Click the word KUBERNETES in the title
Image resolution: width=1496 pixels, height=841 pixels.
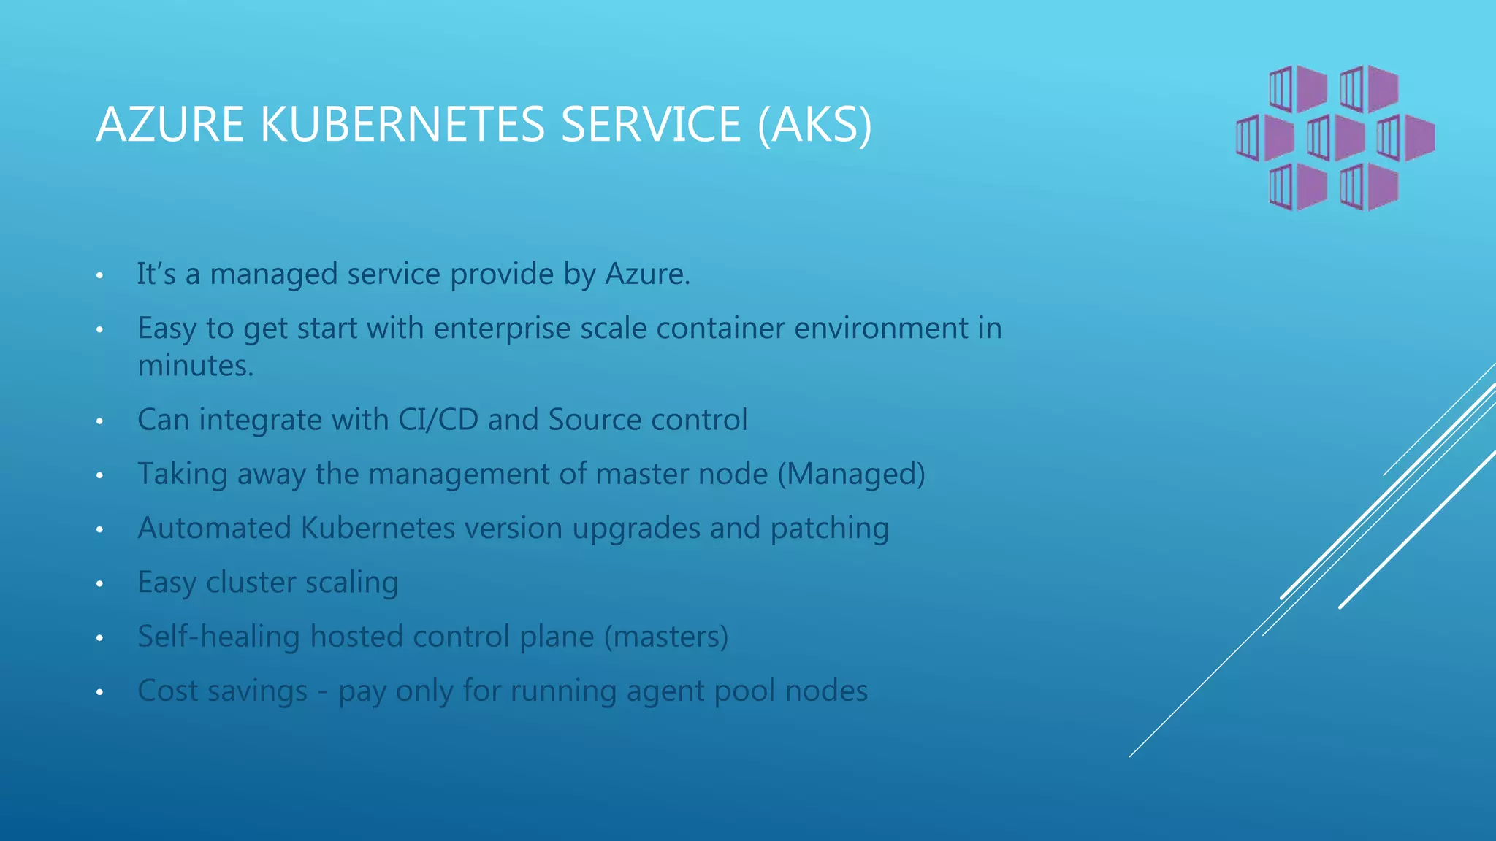coord(402,124)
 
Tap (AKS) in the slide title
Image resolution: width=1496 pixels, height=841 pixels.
coord(814,126)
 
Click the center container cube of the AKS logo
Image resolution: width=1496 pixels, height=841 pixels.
coord(1335,137)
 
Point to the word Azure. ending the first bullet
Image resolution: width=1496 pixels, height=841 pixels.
coord(647,274)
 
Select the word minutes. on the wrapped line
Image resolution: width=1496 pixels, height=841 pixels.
coord(195,366)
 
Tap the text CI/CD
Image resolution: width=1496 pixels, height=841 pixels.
coord(438,420)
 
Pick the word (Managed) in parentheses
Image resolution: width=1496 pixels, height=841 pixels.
coord(851,475)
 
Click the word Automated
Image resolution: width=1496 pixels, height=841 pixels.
coord(215,528)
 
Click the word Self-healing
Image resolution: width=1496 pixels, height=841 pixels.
coord(218,637)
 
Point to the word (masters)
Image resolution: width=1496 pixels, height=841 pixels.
coord(665,637)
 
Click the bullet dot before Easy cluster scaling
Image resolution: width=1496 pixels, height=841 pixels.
coord(99,584)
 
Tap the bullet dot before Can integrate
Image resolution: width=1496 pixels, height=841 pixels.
coord(99,421)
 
